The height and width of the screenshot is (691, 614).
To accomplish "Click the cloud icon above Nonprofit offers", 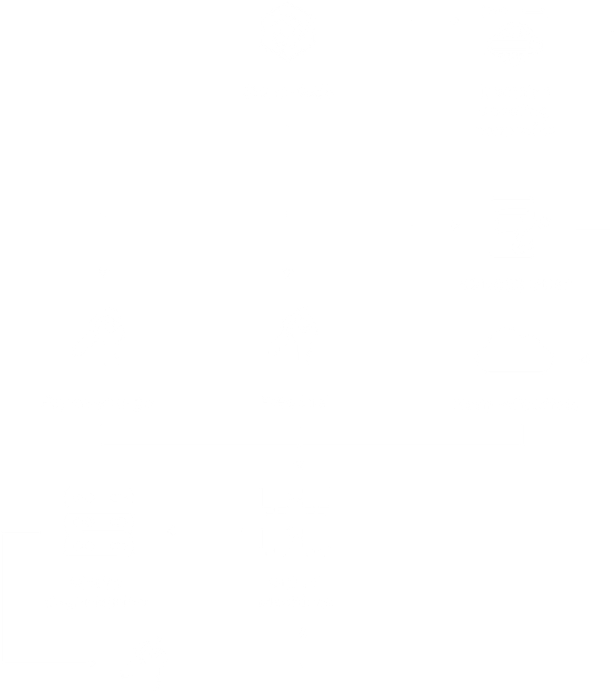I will (515, 352).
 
